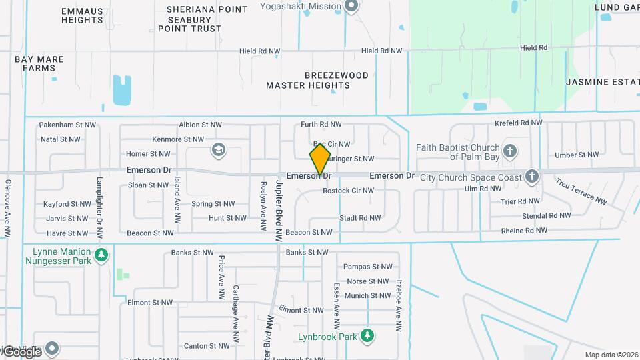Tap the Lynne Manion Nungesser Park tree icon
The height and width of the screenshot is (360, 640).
[101, 255]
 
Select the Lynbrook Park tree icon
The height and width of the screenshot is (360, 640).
[366, 335]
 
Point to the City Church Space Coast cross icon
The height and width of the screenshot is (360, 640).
[531, 177]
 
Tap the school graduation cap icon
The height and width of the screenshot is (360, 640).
[218, 151]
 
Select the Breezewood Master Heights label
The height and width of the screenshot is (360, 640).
[317, 80]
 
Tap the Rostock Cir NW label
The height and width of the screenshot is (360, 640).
[348, 191]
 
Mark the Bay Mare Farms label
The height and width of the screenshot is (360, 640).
[39, 64]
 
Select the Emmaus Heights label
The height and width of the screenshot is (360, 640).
[82, 16]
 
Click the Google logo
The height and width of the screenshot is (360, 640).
[23, 351]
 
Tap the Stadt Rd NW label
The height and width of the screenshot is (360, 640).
[360, 218]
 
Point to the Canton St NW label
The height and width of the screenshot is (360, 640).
[207, 346]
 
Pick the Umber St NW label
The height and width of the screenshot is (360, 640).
[577, 155]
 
